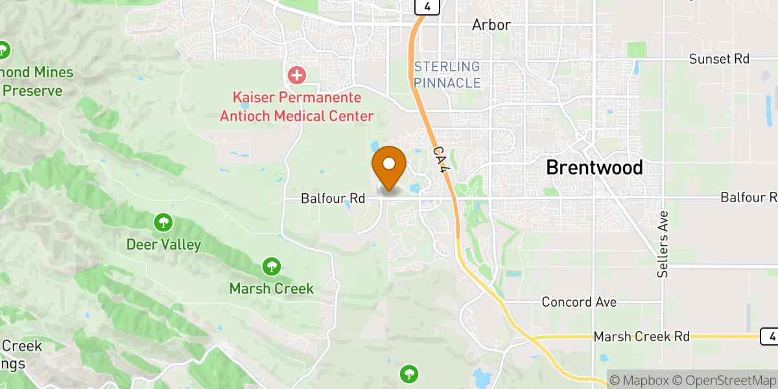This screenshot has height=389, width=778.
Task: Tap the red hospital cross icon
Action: (297, 75)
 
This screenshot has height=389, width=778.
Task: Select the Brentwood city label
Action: (594, 167)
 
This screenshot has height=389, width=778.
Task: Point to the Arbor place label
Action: (491, 25)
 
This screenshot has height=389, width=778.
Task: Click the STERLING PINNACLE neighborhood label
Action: (447, 75)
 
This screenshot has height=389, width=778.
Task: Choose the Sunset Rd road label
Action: (718, 59)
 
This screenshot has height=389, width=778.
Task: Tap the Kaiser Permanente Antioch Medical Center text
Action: (297, 108)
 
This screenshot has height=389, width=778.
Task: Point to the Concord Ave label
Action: (579, 302)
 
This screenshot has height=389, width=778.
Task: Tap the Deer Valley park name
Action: (163, 245)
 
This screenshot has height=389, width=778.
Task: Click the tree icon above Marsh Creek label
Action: (271, 266)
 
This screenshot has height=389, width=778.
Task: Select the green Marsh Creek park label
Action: (271, 289)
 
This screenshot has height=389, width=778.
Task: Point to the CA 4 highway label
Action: (441, 159)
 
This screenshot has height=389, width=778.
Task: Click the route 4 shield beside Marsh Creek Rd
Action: (769, 336)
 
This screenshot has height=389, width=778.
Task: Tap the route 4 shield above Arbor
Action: (428, 6)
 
